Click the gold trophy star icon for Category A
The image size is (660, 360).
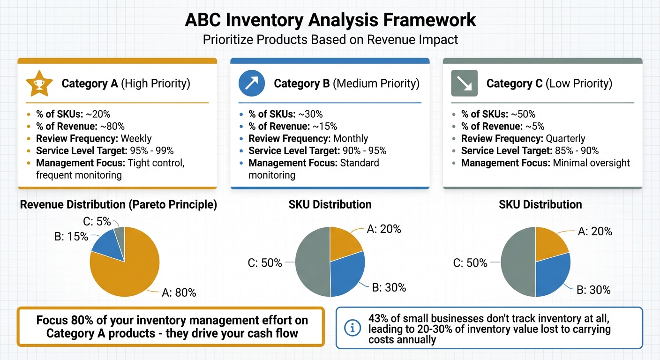[36, 84]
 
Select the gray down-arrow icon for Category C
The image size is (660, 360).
[464, 83]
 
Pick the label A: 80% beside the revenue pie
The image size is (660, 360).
[179, 293]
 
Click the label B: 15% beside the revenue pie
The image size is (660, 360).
[71, 237]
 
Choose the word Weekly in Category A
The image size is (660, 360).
[136, 138]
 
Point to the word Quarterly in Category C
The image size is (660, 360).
[565, 138]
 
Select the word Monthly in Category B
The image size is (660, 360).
[351, 138]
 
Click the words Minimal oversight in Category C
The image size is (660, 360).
[592, 163]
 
